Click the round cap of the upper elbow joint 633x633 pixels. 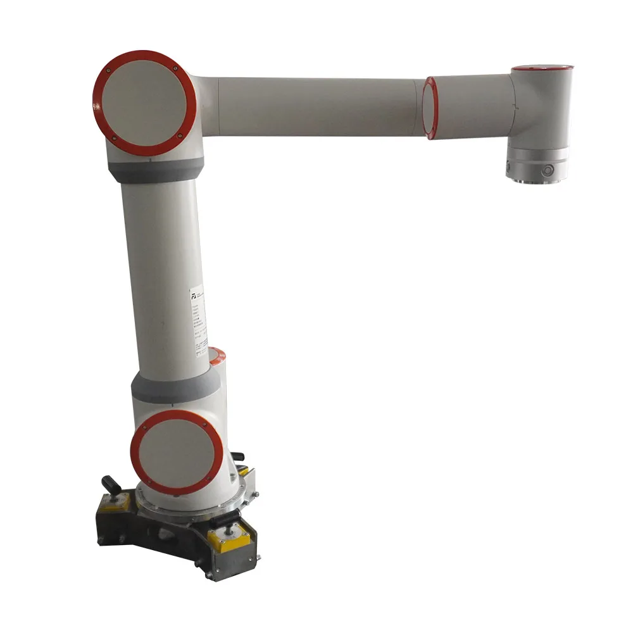(144, 103)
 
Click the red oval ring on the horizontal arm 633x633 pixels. (430, 108)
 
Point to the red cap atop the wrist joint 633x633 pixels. (542, 68)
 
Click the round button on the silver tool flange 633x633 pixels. (548, 170)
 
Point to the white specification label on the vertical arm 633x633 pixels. (201, 316)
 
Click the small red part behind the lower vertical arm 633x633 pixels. (217, 358)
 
